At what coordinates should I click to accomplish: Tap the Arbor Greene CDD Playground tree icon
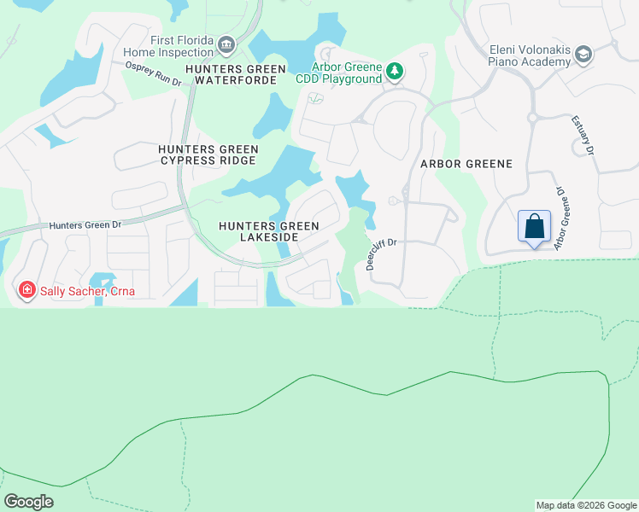[394, 72]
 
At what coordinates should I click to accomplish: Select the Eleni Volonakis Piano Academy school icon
[583, 55]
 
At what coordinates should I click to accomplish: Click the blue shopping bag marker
[534, 227]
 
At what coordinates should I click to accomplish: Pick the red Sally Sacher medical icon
[27, 291]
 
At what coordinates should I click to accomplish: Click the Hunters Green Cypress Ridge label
[208, 154]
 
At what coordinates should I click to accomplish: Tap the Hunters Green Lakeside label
[268, 231]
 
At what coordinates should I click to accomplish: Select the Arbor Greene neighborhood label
[466, 163]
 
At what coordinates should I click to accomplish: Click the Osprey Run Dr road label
[154, 73]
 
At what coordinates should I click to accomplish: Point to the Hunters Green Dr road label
[85, 225]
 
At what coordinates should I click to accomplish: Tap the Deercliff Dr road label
[382, 253]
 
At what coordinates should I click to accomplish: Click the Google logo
[29, 501]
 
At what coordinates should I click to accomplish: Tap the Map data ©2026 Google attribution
[586, 505]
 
